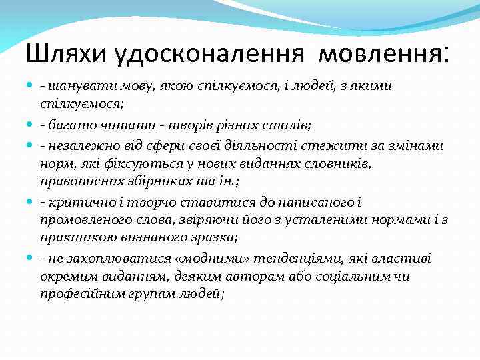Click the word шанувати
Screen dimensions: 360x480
coord(71,86)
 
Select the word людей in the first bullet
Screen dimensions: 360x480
coord(306,86)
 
